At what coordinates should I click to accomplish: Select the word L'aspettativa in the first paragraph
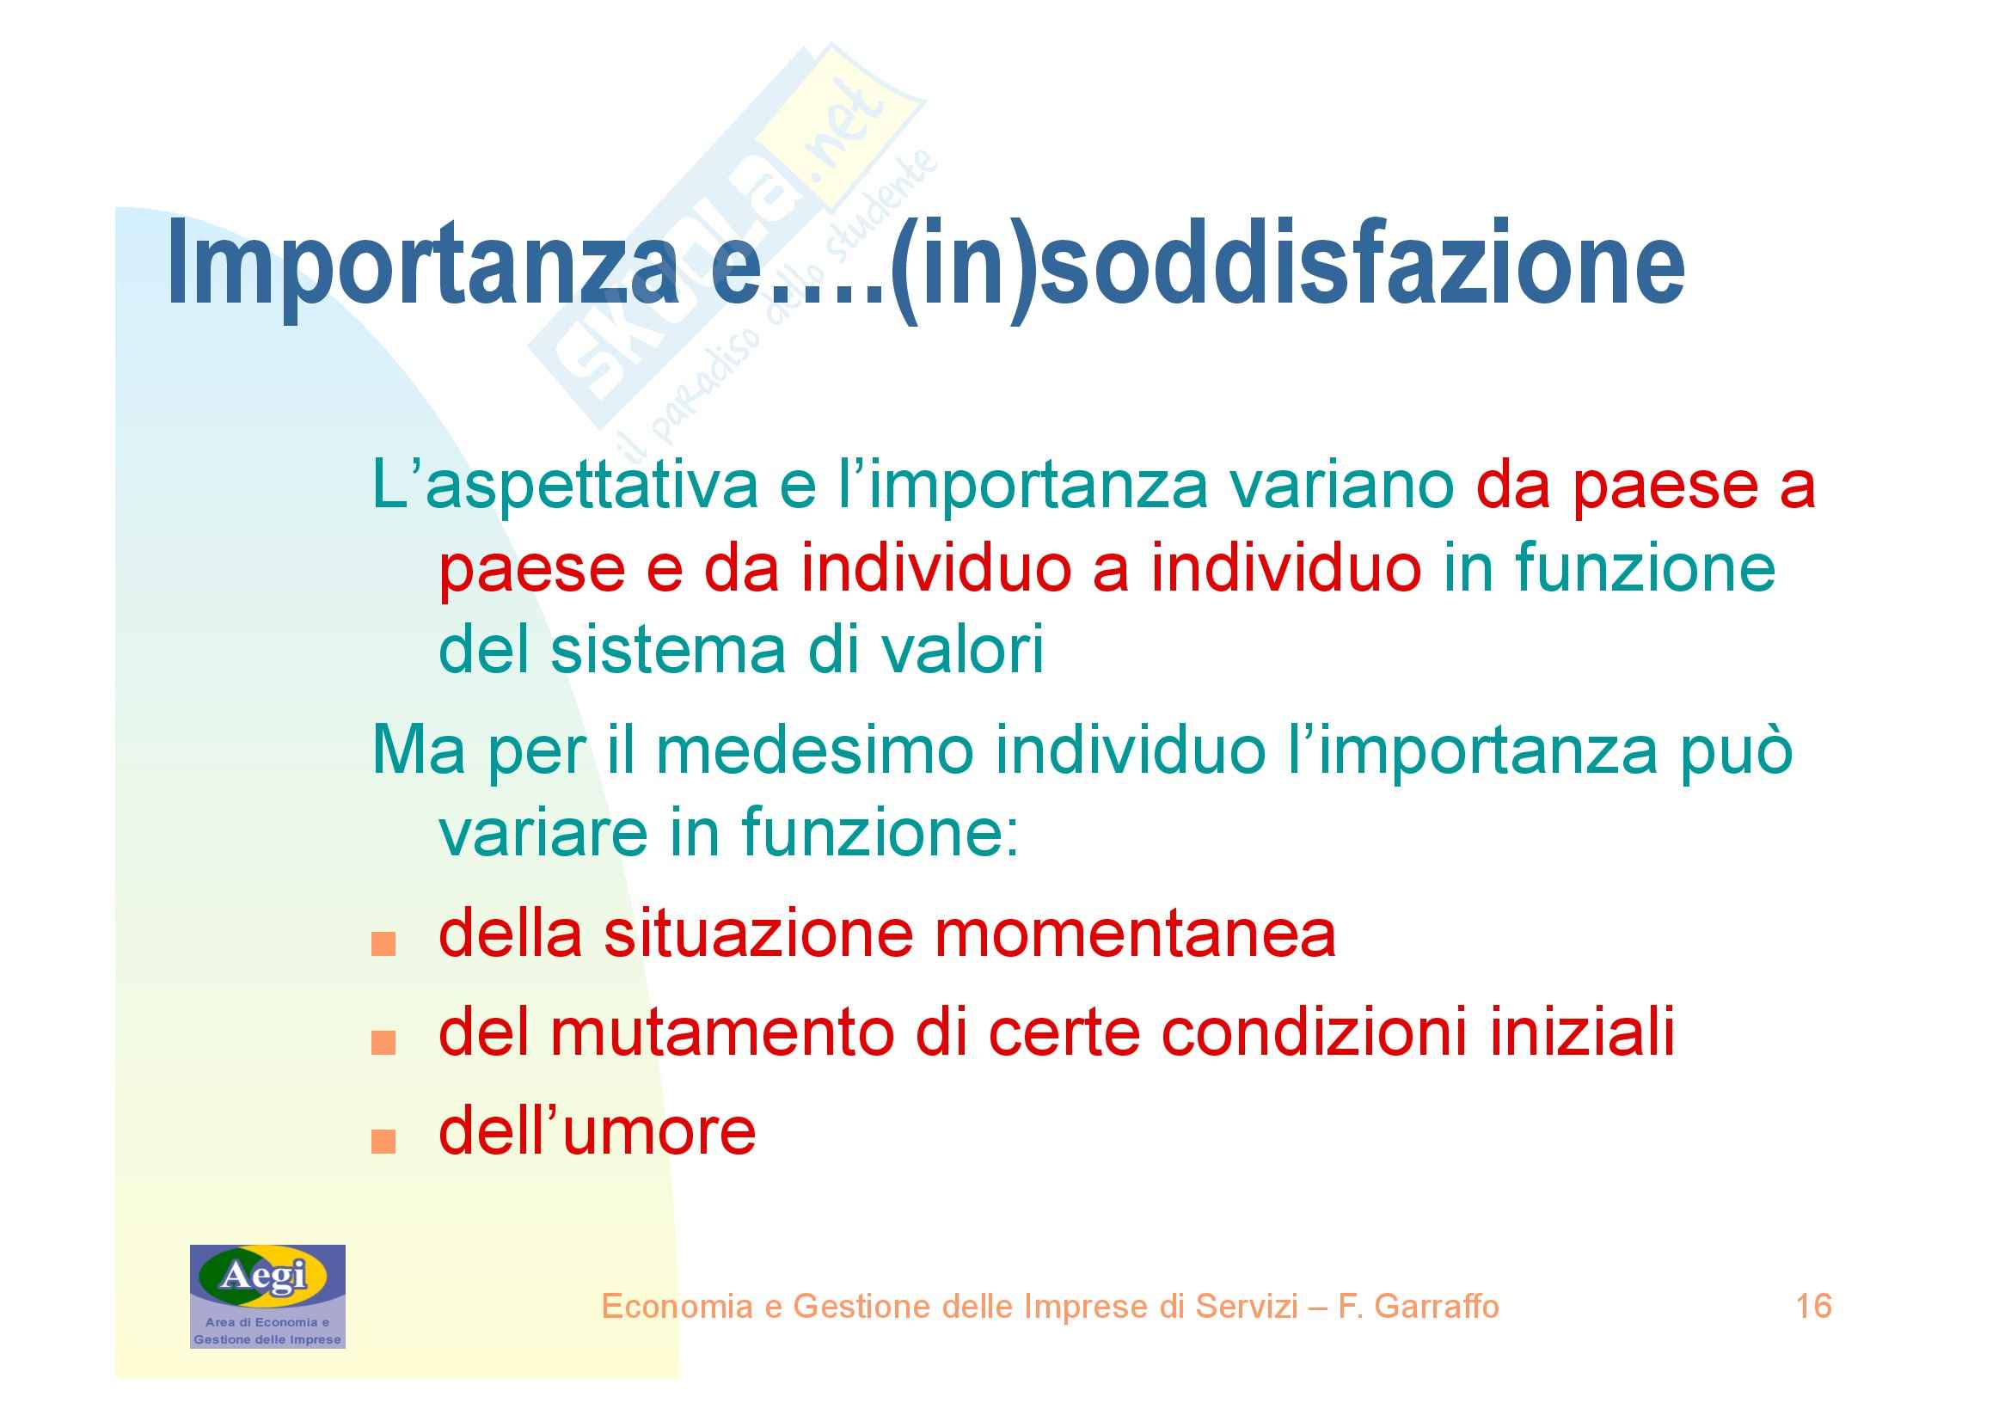(x=565, y=487)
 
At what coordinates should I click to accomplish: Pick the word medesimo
(x=815, y=751)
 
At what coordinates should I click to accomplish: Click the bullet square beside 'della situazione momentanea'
(x=383, y=945)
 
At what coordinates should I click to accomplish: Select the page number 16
(x=1813, y=1307)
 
